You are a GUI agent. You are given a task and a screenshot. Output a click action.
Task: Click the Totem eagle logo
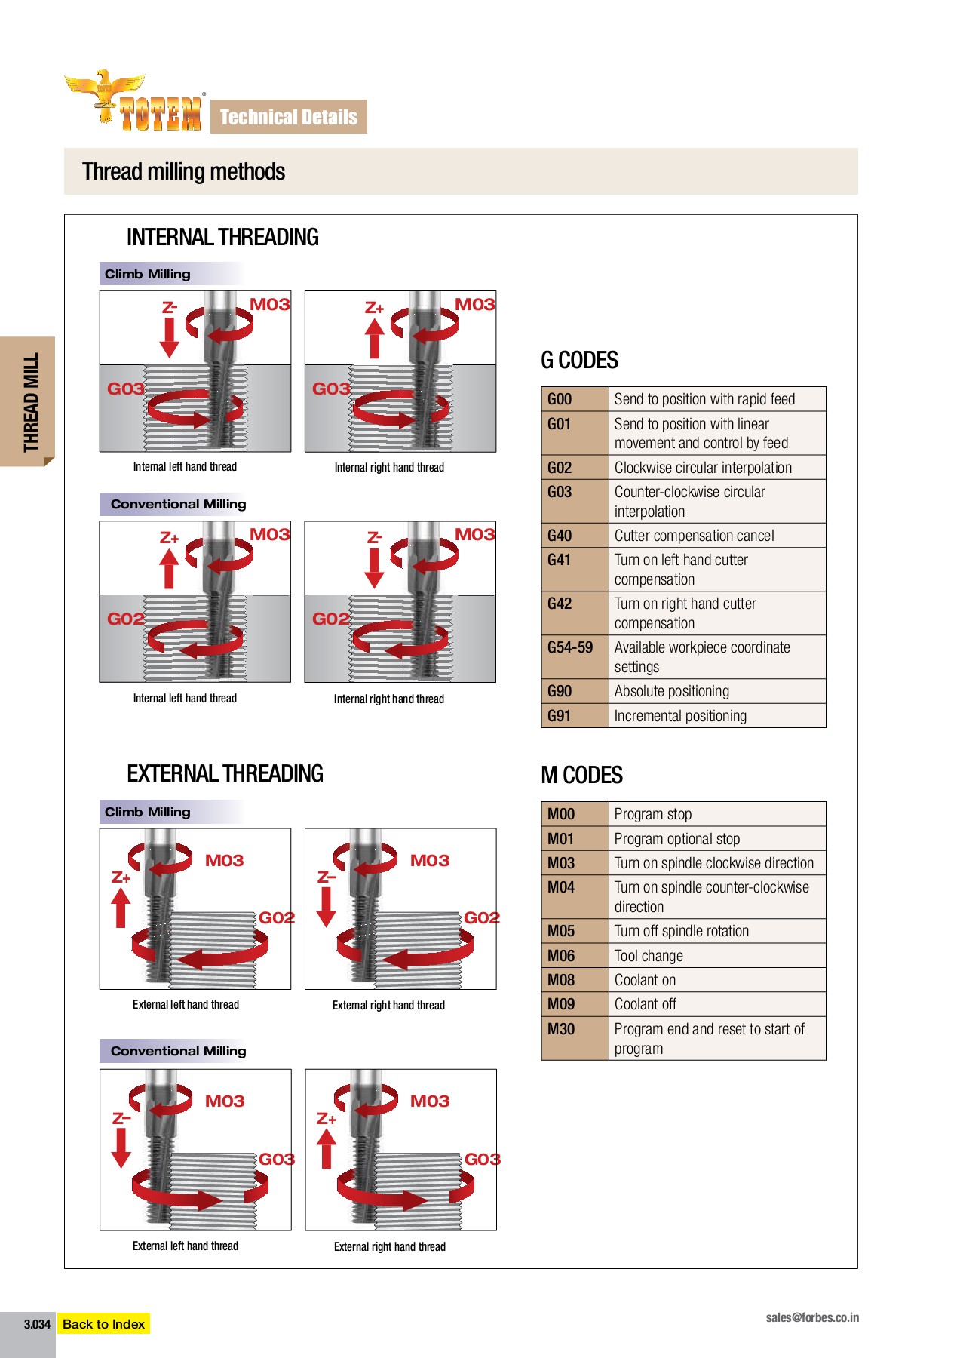(x=134, y=102)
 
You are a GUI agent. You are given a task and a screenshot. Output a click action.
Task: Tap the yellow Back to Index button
(x=104, y=1324)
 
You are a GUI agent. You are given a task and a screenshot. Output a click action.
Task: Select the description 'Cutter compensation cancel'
(x=694, y=536)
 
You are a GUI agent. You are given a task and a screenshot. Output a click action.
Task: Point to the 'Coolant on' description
(x=645, y=980)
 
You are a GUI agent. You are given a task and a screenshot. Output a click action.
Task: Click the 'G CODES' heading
(x=579, y=361)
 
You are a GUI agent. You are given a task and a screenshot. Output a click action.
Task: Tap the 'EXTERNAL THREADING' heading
(x=225, y=774)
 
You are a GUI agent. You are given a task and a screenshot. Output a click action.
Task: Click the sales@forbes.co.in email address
(x=812, y=1317)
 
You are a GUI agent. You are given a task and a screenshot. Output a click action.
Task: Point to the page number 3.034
(x=36, y=1324)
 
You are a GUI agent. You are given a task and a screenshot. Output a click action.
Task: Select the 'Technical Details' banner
(x=289, y=117)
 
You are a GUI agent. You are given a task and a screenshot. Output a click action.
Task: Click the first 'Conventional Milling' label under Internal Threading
(x=178, y=504)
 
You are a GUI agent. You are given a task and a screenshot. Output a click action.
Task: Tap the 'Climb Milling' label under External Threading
(x=148, y=812)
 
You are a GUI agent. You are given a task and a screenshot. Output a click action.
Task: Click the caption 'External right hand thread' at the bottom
(x=389, y=1246)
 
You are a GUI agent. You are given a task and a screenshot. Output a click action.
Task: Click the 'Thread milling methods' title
(x=183, y=172)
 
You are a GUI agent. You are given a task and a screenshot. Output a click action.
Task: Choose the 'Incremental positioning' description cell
(x=680, y=716)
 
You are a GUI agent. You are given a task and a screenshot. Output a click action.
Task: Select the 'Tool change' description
(x=649, y=956)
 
